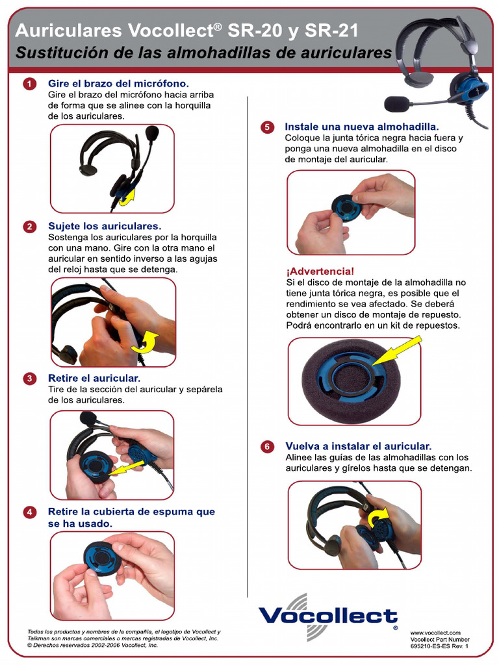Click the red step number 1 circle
[x=29, y=84]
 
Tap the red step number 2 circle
[x=29, y=227]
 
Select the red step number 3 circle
[x=29, y=379]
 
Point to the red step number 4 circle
[x=29, y=512]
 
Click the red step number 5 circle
[x=267, y=127]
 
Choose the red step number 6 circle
[x=267, y=447]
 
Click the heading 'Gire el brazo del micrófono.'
[x=118, y=84]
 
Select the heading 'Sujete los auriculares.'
[x=105, y=226]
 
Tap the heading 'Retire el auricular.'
[x=94, y=378]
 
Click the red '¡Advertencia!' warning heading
[x=320, y=271]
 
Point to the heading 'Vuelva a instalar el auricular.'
[x=358, y=446]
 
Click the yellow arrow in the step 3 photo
[x=128, y=465]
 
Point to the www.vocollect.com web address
[x=435, y=633]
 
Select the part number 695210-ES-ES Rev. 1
[x=439, y=646]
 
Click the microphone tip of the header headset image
[x=396, y=104]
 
